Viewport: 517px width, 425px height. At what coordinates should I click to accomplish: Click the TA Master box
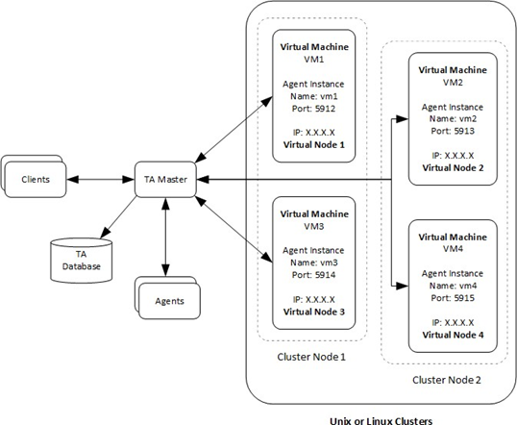coord(165,180)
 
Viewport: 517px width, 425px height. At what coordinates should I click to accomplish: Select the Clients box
coord(36,180)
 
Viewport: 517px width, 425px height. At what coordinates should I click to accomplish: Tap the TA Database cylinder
coord(81,261)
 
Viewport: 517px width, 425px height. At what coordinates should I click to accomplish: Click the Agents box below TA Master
coord(169,301)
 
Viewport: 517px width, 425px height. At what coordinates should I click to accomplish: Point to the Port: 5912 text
coord(313,109)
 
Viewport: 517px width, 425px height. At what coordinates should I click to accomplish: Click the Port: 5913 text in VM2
coord(453,131)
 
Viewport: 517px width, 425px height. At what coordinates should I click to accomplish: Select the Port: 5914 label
coord(313,275)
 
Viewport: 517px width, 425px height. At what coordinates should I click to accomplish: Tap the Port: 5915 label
coord(453,298)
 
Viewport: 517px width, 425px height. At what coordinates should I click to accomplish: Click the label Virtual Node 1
coord(314,145)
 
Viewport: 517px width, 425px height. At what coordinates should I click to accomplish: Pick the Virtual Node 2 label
coord(453,168)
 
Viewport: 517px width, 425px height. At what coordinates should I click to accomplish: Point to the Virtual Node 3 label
coord(314,312)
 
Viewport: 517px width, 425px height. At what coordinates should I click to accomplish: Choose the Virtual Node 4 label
coord(453,335)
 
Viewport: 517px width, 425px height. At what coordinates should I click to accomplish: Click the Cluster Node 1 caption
coord(311,357)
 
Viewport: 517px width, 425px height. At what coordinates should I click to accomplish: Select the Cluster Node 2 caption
coord(447,380)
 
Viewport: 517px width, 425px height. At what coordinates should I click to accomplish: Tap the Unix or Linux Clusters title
coord(382,421)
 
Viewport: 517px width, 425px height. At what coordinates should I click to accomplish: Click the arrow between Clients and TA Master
coord(101,180)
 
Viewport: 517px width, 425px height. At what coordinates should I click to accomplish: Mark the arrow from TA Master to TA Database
coord(118,217)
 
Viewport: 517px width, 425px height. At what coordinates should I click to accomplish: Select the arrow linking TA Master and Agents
coord(165,237)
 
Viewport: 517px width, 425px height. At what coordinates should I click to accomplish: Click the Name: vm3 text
coord(314,262)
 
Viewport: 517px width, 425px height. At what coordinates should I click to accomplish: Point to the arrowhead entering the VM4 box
coord(403,286)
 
